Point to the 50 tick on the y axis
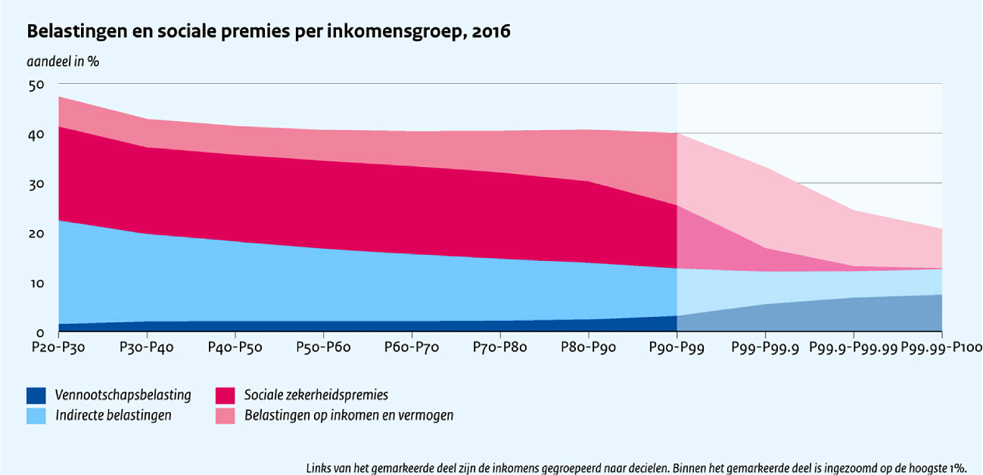pos(37,85)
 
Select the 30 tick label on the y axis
pos(37,184)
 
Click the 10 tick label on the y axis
pos(37,284)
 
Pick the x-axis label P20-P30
pos(58,347)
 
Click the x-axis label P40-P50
pos(235,347)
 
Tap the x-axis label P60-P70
pos(412,347)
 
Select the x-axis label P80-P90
pos(589,347)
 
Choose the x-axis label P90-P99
pos(677,347)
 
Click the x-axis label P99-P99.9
pos(765,347)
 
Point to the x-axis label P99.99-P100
pos(941,347)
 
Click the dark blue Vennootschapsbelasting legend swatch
pos(36,395)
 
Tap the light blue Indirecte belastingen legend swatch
pos(36,415)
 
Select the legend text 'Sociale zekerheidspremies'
pos(316,395)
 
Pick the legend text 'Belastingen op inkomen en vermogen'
pos(348,415)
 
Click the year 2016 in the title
pos(489,32)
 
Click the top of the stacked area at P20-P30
pos(58,97)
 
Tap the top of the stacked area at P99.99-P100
pos(941,228)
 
